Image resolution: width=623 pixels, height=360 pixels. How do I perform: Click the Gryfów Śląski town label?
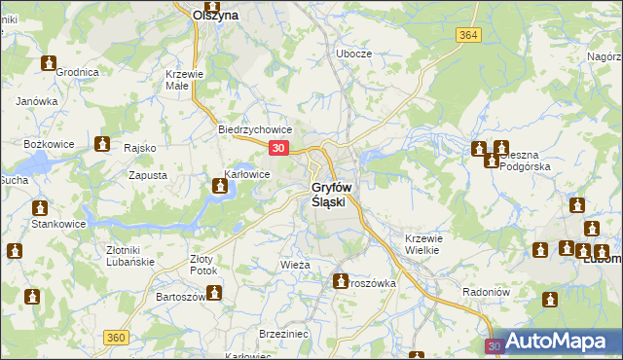click(x=334, y=195)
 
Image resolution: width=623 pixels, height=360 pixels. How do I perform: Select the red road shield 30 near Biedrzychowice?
click(x=279, y=148)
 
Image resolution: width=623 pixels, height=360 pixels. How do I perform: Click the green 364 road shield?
click(x=467, y=35)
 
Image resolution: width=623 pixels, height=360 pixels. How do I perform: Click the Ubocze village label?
click(x=354, y=54)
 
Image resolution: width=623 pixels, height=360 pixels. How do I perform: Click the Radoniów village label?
click(x=487, y=291)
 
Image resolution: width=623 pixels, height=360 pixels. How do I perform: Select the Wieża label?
click(x=294, y=265)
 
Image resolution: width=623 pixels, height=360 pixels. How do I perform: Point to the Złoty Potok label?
click(x=205, y=265)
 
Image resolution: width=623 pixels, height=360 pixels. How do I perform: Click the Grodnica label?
click(x=78, y=72)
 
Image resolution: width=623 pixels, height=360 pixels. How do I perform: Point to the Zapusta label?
click(x=148, y=176)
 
